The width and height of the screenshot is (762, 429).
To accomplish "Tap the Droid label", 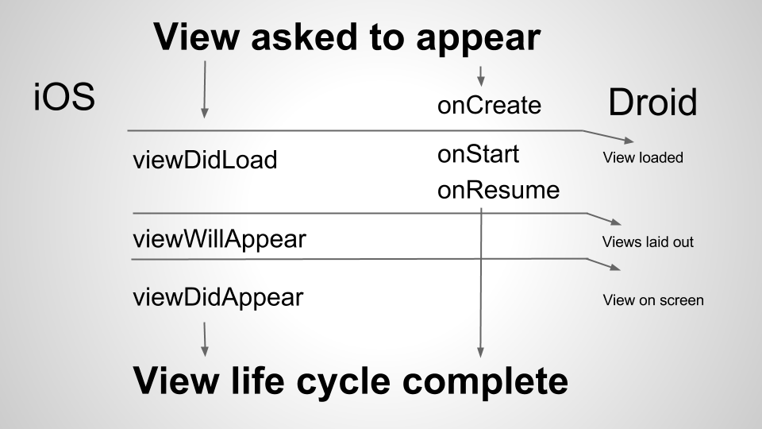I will click(652, 103).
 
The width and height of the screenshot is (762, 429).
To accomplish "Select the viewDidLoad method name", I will click(204, 160).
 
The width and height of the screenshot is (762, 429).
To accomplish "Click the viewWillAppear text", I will click(218, 238).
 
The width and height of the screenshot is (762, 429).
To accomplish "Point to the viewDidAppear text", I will click(217, 298).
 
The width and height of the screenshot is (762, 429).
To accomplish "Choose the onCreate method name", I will click(489, 106).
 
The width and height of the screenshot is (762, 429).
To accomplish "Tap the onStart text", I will click(478, 153).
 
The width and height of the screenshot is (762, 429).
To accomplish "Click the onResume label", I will click(498, 191).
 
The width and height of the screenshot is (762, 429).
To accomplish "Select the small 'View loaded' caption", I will click(643, 157).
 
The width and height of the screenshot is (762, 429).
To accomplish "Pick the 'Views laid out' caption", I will click(648, 242).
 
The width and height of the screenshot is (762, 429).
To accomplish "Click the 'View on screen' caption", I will click(653, 300).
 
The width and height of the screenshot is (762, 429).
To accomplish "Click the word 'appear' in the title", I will click(475, 37).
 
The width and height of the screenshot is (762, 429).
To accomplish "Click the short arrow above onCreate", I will click(480, 77).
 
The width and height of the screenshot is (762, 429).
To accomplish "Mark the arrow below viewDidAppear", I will click(205, 339).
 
